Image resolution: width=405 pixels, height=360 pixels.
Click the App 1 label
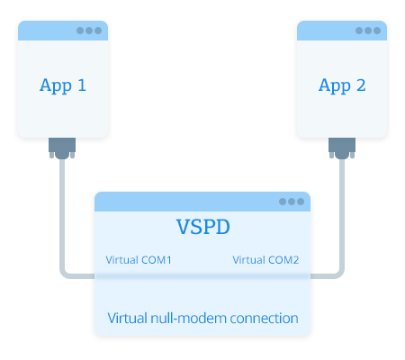[x=63, y=85]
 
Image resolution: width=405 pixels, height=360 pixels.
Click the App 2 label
[x=342, y=85]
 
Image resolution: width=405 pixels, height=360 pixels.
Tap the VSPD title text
[x=203, y=227]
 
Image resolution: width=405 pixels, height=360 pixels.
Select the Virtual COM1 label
[x=139, y=260]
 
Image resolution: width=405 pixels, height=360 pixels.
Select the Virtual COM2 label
[x=265, y=260]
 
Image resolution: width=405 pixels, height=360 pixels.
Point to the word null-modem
[x=188, y=319]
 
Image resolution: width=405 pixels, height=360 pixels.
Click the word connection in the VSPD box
[x=264, y=319]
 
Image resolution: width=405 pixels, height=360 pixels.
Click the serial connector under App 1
[x=62, y=148]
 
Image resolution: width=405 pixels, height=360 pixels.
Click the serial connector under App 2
[x=342, y=148]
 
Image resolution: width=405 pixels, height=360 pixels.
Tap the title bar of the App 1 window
[x=63, y=31]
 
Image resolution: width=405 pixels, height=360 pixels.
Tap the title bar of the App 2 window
[x=342, y=31]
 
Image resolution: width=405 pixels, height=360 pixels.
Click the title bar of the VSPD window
[x=202, y=202]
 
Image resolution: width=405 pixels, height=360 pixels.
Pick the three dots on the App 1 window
[x=89, y=31]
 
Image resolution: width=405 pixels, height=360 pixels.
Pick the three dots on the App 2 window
[x=368, y=31]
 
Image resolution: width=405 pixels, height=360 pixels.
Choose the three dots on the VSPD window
[x=292, y=202]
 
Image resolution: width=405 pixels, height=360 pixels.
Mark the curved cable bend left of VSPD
[x=63, y=274]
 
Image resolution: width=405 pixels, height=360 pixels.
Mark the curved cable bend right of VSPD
[x=341, y=274]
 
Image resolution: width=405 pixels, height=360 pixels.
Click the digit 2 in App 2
[x=361, y=85]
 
